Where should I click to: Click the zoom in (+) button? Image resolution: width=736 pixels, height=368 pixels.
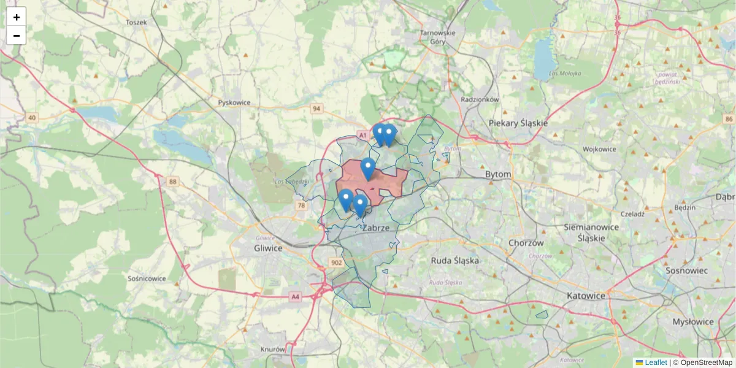click(x=17, y=17)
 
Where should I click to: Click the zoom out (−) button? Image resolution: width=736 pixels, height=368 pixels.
click(x=17, y=36)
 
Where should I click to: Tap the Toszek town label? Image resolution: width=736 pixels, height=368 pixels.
click(x=136, y=22)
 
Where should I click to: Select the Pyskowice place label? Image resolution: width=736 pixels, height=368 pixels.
click(x=234, y=102)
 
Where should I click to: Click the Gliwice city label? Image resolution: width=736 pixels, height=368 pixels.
click(x=268, y=248)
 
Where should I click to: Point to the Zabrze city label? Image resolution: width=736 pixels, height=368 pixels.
click(x=377, y=228)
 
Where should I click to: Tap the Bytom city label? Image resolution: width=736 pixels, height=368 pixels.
click(x=497, y=174)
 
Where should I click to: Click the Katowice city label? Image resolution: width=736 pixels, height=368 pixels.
click(x=586, y=296)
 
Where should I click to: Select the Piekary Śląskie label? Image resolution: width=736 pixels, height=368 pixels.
click(x=518, y=123)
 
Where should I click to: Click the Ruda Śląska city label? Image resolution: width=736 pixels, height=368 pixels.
click(x=454, y=260)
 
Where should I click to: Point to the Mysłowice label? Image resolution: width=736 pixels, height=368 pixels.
click(x=693, y=321)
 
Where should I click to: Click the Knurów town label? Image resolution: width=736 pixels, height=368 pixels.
click(x=273, y=349)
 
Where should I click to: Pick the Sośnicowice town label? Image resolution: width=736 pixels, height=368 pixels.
click(x=147, y=278)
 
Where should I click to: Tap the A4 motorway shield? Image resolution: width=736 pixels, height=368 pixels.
click(x=296, y=297)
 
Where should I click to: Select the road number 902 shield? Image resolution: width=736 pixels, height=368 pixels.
click(x=336, y=263)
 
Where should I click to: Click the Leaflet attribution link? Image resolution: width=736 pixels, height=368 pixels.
click(x=655, y=362)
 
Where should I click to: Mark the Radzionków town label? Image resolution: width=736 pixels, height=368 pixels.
click(x=480, y=99)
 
